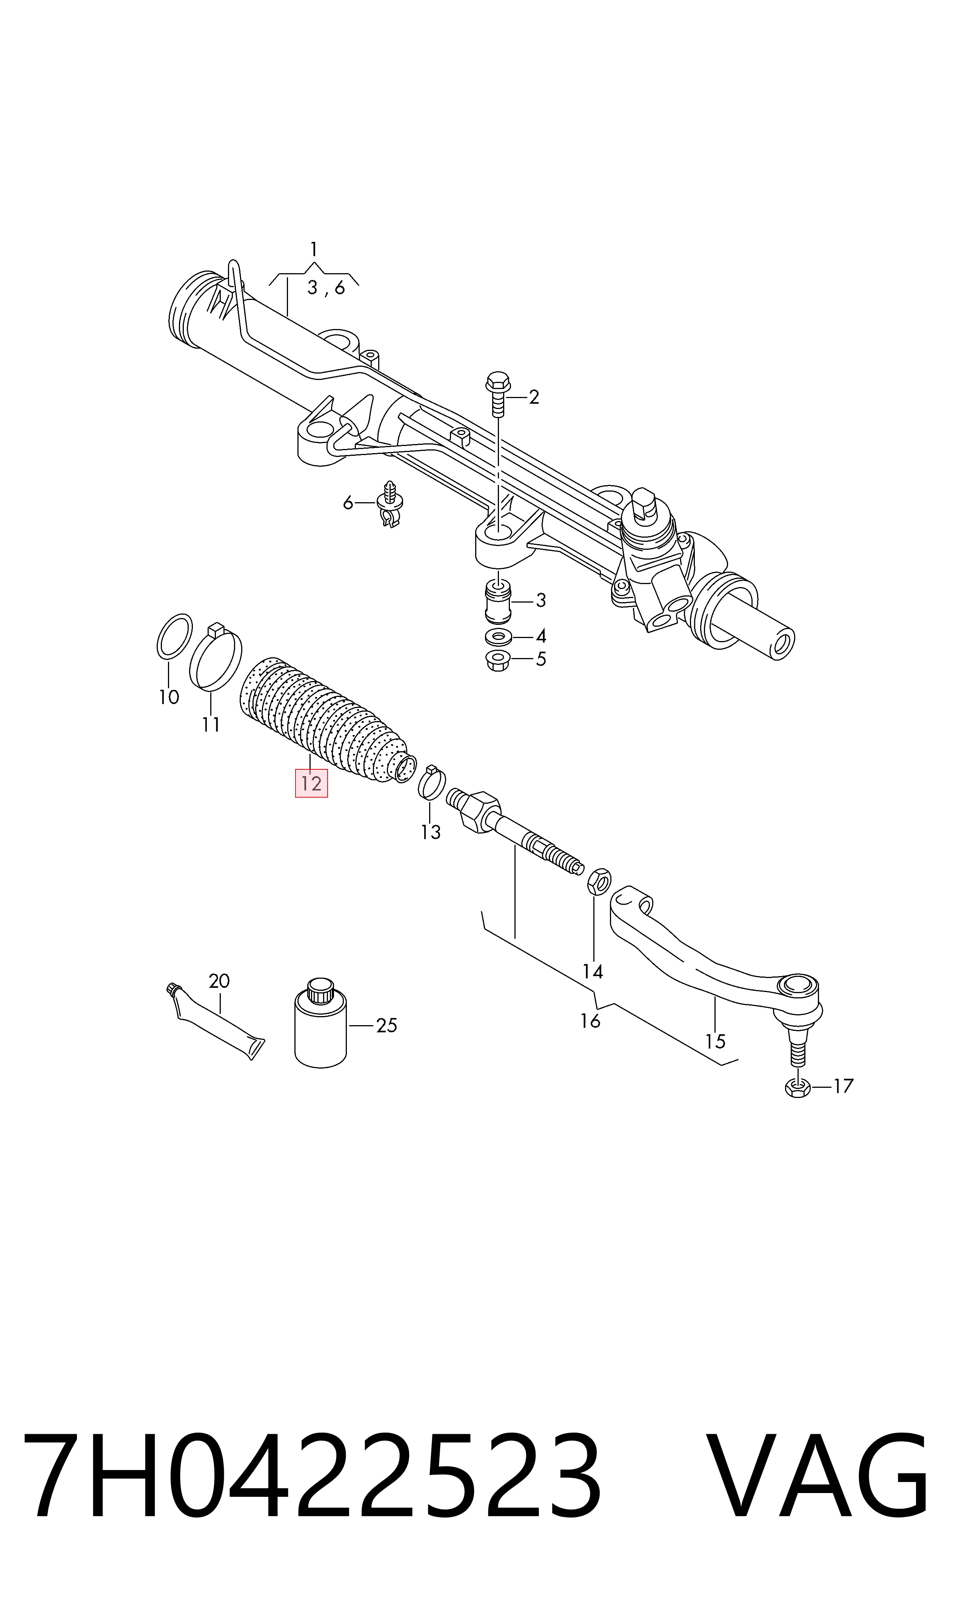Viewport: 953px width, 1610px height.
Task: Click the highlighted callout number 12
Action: pyautogui.click(x=311, y=783)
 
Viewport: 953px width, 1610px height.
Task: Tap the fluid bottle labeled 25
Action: pyautogui.click(x=320, y=1024)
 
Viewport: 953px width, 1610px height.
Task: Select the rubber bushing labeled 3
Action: pyautogui.click(x=498, y=601)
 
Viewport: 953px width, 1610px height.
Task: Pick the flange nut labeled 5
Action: pyautogui.click(x=498, y=660)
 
